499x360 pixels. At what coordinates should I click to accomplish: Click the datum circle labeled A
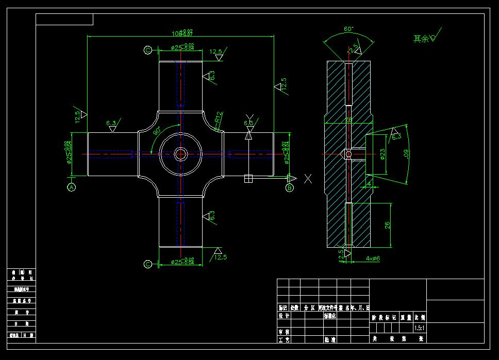[x=72, y=187]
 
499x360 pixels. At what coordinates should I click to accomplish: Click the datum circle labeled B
[x=290, y=187]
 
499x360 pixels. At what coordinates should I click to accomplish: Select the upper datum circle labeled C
[x=148, y=50]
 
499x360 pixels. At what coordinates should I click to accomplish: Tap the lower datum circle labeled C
[x=148, y=264]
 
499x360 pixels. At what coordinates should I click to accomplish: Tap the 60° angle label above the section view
[x=348, y=29]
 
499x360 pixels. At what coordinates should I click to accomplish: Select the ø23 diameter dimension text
[x=382, y=155]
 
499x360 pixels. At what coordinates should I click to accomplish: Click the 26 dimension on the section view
[x=387, y=224]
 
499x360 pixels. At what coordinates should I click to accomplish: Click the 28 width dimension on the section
[x=348, y=120]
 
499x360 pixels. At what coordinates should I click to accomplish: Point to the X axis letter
[x=308, y=179]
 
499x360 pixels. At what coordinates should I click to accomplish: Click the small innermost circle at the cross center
[x=180, y=153]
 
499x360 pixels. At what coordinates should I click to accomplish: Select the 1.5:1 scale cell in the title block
[x=420, y=328]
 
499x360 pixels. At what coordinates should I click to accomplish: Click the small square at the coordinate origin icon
[x=248, y=178]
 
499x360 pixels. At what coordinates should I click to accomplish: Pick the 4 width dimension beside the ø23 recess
[x=369, y=183]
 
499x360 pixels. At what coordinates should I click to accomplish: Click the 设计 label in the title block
[x=284, y=316]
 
